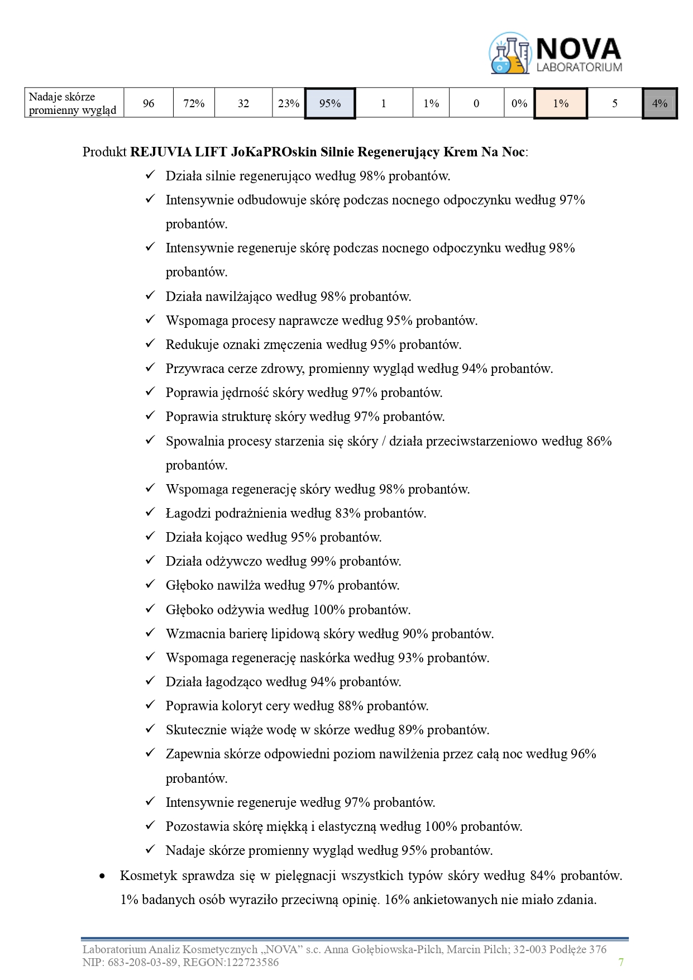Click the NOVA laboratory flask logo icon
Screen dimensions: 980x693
click(509, 54)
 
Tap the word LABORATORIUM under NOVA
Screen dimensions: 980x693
click(579, 68)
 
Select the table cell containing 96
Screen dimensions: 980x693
click(149, 103)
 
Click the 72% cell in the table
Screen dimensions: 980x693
click(194, 103)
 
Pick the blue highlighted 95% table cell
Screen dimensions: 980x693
click(330, 103)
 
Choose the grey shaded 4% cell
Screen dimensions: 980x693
click(659, 103)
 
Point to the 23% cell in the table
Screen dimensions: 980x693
click(289, 103)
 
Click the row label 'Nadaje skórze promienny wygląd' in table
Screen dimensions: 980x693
click(73, 103)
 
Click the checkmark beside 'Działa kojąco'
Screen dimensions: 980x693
click(150, 537)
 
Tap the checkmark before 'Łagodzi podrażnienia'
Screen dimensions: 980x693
click(150, 513)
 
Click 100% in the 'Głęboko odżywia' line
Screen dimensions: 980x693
click(328, 610)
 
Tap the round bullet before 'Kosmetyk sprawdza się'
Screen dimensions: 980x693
click(102, 876)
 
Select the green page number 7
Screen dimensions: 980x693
click(621, 962)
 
